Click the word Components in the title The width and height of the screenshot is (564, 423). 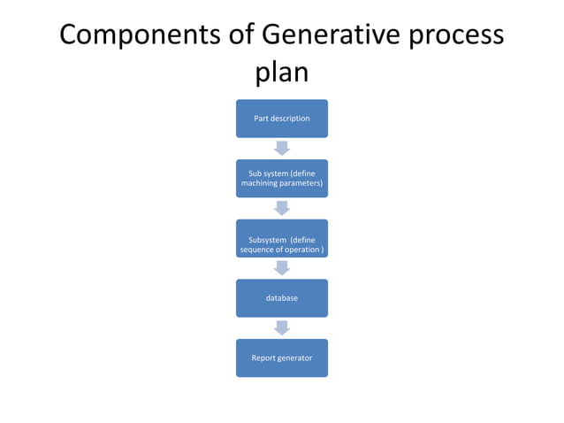click(x=141, y=36)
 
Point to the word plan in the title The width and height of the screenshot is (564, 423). click(x=281, y=73)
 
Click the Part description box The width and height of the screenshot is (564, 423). click(x=281, y=119)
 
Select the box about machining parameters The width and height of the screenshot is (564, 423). click(x=281, y=178)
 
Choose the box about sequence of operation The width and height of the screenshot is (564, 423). click(x=281, y=239)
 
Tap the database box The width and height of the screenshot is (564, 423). click(x=281, y=298)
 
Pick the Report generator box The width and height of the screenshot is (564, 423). click(x=281, y=358)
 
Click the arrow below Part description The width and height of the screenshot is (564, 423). click(x=281, y=148)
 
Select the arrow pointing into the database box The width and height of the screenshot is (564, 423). click(x=281, y=268)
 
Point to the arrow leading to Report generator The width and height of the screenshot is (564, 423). click(x=281, y=327)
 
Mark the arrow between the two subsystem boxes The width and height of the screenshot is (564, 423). click(x=281, y=208)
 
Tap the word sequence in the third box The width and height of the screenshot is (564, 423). click(x=258, y=250)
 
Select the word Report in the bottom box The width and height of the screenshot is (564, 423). click(x=263, y=358)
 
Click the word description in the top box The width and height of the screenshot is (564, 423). click(x=292, y=119)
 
